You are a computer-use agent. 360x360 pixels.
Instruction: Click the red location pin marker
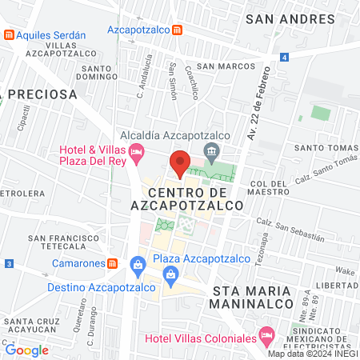click(x=181, y=162)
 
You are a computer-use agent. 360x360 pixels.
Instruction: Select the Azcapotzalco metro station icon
click(x=177, y=30)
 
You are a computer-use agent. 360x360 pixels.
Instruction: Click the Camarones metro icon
click(x=113, y=263)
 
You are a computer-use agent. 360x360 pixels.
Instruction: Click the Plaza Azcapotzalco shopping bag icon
click(x=138, y=263)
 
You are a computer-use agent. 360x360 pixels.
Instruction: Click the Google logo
click(x=26, y=350)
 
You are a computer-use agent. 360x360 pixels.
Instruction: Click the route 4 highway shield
click(x=284, y=57)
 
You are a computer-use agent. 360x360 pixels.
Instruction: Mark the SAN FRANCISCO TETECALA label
click(x=62, y=242)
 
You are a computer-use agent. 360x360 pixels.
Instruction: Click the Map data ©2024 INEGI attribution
click(x=312, y=354)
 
